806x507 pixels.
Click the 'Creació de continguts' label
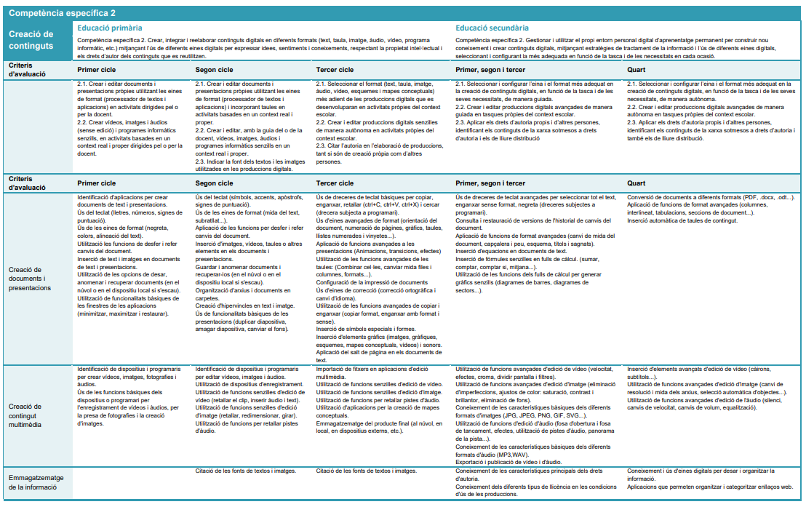click(31, 40)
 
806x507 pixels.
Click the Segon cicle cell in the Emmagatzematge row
click(246, 471)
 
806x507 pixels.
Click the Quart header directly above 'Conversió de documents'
click(636, 183)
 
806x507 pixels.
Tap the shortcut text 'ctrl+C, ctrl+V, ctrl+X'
click(385, 204)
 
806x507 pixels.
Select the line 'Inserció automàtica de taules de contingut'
click(682, 219)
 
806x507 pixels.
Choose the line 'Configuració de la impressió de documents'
click(372, 282)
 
